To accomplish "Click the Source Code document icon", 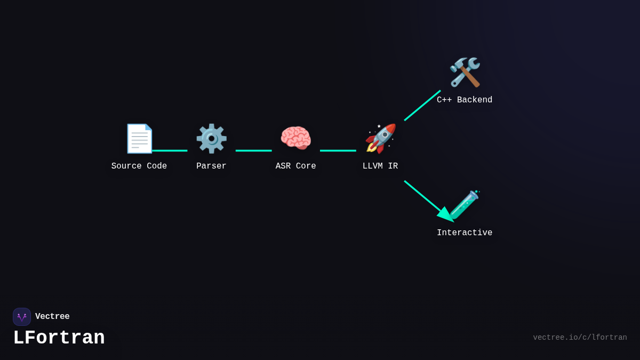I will (139, 139).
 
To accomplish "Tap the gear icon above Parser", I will (211, 139).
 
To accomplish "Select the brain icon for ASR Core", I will (295, 139).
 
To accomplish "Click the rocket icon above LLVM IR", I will (380, 139).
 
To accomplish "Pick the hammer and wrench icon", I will (465, 73).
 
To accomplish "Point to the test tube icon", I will (465, 205).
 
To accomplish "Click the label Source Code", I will (139, 166).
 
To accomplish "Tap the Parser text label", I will (211, 166).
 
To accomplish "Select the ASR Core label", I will (295, 166).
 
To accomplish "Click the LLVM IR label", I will (380, 166).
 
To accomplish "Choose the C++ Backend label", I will (465, 100).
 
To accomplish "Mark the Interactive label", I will (465, 233).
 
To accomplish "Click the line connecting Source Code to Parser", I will (170, 150).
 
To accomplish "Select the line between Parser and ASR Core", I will (253, 150).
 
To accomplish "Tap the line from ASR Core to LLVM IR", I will (338, 150).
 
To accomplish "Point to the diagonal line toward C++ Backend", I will (422, 106).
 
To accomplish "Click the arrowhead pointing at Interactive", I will (445, 214).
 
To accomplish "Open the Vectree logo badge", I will (22, 317).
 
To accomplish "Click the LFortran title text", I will (59, 338).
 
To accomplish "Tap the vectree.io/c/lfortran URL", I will (580, 338).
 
